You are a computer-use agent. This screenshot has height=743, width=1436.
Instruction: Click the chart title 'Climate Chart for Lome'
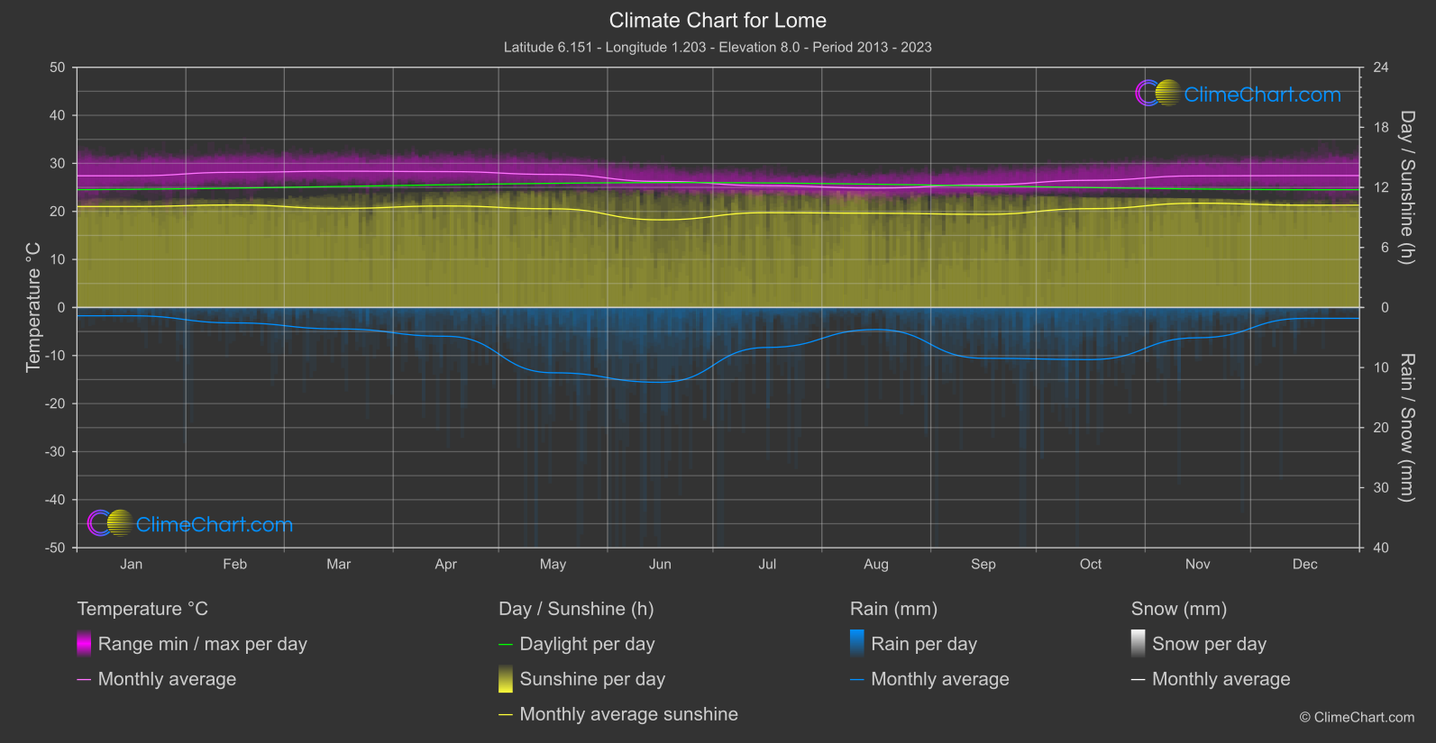(x=718, y=20)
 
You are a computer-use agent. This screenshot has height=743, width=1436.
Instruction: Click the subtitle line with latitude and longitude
(x=718, y=47)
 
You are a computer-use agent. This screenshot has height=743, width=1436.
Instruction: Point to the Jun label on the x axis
(x=660, y=564)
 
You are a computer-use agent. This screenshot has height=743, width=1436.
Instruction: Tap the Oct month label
(x=1091, y=564)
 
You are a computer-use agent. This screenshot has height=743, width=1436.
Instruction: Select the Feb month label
(x=234, y=564)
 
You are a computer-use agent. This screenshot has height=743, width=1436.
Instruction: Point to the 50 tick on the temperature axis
(x=58, y=68)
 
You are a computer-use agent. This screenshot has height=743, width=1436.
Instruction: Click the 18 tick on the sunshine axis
(x=1381, y=128)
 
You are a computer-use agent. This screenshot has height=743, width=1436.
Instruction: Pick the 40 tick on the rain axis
(x=1381, y=548)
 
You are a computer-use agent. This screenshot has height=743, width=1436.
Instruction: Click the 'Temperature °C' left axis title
(x=33, y=307)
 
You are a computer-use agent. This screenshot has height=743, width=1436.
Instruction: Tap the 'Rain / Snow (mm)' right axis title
(x=1406, y=427)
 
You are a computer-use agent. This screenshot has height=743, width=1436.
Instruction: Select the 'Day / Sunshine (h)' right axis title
(x=1406, y=187)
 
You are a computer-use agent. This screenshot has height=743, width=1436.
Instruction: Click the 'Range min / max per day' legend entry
(x=202, y=644)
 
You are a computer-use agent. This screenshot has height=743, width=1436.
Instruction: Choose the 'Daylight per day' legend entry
(x=587, y=644)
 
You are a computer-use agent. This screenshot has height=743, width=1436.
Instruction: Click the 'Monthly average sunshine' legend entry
(x=628, y=714)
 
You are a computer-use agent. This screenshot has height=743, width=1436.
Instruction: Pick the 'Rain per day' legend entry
(x=923, y=644)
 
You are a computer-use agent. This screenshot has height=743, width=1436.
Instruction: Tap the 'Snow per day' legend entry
(x=1209, y=644)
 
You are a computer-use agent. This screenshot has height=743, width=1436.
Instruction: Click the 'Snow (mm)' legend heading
(x=1178, y=609)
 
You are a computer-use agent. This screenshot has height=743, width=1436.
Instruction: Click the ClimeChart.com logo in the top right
(x=1239, y=94)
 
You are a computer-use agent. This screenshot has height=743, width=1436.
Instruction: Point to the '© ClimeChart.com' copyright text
(x=1357, y=717)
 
